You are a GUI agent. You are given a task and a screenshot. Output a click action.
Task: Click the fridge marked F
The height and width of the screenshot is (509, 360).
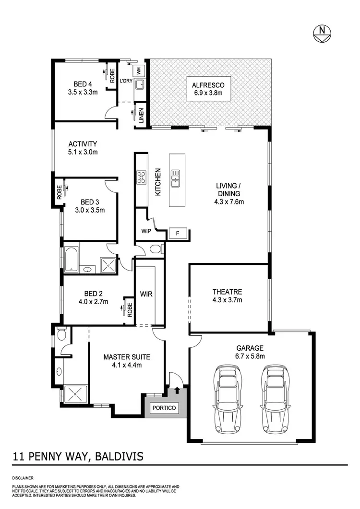point(178,234)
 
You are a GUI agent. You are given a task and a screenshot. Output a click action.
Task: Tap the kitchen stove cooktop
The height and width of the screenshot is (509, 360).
point(142,178)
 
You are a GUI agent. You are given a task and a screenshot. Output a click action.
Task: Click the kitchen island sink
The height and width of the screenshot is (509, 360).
point(175,178)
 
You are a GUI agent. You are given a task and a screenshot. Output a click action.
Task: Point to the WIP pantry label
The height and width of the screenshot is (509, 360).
point(146,231)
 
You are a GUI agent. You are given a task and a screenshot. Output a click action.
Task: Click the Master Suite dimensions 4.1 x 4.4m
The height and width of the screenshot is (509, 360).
point(127,365)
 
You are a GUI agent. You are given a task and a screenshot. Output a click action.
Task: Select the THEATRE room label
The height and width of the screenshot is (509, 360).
point(227,292)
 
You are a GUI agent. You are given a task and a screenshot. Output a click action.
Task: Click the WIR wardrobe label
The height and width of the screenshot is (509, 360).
point(146,294)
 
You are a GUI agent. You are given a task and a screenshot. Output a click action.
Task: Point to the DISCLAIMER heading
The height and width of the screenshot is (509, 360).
point(23,478)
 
